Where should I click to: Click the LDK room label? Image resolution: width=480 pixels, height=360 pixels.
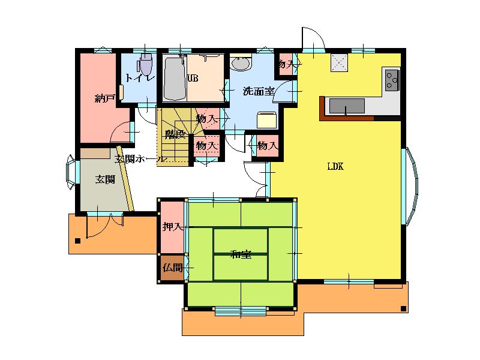(x=335, y=167)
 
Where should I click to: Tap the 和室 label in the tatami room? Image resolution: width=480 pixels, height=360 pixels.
(x=241, y=254)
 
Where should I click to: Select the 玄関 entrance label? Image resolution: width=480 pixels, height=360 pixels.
(x=104, y=179)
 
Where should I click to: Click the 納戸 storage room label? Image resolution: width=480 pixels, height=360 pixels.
(x=105, y=98)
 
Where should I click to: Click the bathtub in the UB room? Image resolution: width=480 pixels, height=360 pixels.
(x=175, y=79)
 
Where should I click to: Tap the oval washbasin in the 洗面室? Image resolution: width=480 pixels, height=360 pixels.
(x=241, y=64)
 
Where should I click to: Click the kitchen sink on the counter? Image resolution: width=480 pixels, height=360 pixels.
(x=347, y=106)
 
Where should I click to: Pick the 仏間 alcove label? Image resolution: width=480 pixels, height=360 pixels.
(x=173, y=268)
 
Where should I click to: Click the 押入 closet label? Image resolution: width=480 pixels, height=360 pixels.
(x=173, y=227)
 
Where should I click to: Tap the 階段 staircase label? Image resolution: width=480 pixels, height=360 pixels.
(x=175, y=134)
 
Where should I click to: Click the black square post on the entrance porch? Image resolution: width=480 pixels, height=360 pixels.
(x=78, y=241)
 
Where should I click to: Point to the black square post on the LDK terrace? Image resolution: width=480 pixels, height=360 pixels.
(x=403, y=308)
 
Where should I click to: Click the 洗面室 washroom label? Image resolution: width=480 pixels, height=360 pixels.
(x=259, y=91)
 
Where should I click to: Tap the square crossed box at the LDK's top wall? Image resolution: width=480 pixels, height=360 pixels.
(x=339, y=63)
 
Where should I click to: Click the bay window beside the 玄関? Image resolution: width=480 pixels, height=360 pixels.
(x=71, y=172)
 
